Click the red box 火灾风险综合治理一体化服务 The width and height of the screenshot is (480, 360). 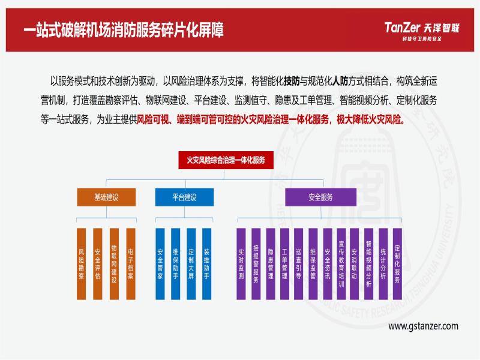point(226,160)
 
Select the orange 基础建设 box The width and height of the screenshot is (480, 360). point(106,197)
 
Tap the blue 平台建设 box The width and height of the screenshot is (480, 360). point(184,197)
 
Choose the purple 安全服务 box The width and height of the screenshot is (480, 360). point(320,197)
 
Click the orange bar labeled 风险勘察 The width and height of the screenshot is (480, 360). point(81,263)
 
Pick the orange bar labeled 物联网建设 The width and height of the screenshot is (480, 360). point(114,263)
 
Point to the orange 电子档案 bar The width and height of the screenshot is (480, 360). point(130,263)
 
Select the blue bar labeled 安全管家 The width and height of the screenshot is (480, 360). point(160,263)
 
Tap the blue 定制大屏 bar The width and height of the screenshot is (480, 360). point(191,263)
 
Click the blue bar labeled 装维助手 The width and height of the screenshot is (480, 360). point(206,263)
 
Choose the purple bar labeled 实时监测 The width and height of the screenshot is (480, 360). point(241,263)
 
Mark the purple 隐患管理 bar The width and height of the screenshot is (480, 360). point(271,263)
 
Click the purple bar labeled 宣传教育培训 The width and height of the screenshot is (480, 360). point(341,263)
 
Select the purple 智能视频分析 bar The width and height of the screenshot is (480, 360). point(368,263)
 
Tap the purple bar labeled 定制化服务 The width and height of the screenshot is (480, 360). point(397,263)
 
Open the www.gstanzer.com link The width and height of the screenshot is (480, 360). point(423,326)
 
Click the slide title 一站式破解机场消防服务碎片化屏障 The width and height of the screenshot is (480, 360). point(124,30)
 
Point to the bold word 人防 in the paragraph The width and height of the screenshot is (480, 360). point(340,81)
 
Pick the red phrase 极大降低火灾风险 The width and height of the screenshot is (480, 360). point(371,119)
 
